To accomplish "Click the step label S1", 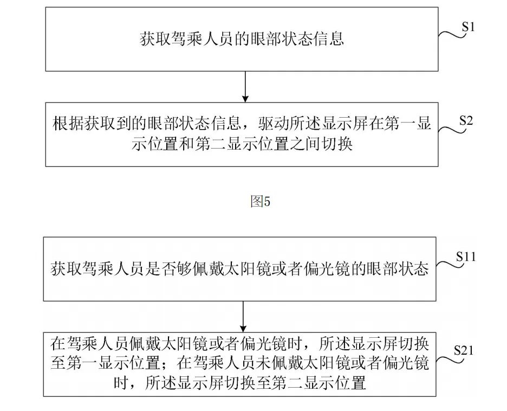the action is pos(468,27).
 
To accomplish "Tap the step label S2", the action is pos(466,121).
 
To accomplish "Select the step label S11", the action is pos(466,256).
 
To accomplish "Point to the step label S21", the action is pos(464,350).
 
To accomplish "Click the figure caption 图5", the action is pos(261,202).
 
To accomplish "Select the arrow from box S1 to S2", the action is pos(245,87).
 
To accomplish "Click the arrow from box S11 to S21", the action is pos(243,317).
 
